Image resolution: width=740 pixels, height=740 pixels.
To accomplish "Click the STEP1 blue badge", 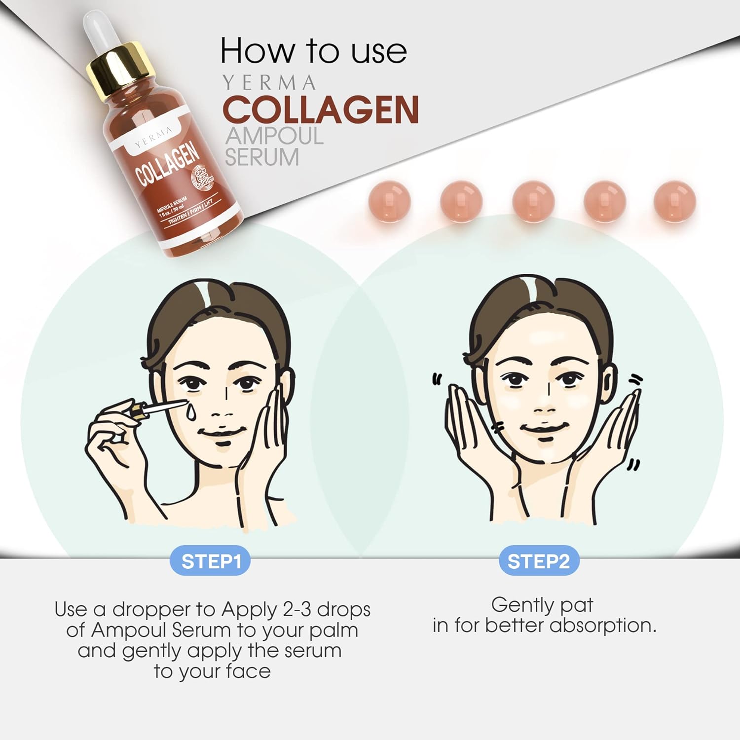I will point(210,561).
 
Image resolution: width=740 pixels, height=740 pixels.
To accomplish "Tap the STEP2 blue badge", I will point(539,561).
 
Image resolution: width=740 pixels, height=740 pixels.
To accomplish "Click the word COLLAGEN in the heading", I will point(321,110).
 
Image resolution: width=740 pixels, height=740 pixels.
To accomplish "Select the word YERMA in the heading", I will point(269,83).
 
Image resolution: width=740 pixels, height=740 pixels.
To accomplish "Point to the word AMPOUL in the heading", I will point(274,136).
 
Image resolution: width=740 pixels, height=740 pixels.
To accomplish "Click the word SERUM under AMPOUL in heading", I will point(262,157).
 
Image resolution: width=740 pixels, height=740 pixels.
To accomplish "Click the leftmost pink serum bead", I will point(389,201).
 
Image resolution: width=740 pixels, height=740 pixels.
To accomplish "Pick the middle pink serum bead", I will point(533,201).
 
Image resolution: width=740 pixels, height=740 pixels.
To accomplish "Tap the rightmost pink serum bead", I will point(674,201).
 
